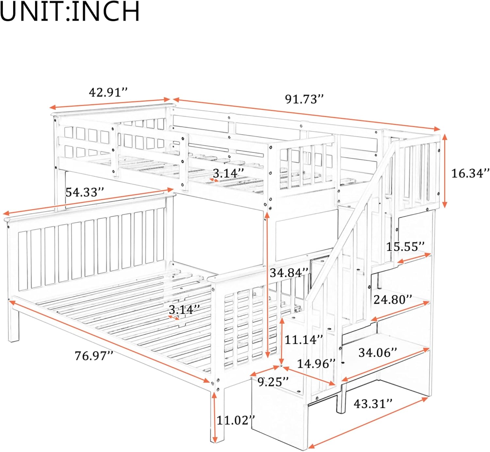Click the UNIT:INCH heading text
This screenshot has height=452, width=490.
[70, 12]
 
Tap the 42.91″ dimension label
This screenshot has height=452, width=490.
[108, 92]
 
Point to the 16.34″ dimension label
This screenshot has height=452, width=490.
[470, 173]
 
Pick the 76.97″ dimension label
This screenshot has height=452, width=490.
[94, 356]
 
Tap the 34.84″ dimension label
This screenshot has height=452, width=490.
[289, 273]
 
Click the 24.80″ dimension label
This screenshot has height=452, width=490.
[393, 299]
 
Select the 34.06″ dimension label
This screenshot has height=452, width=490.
[378, 353]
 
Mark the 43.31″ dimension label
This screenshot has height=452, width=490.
[373, 404]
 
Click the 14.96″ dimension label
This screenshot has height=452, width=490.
[316, 363]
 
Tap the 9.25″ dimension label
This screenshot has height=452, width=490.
[273, 381]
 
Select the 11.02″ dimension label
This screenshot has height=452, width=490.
[236, 420]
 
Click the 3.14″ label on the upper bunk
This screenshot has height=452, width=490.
[228, 173]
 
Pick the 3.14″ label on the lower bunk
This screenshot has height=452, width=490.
[184, 310]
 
